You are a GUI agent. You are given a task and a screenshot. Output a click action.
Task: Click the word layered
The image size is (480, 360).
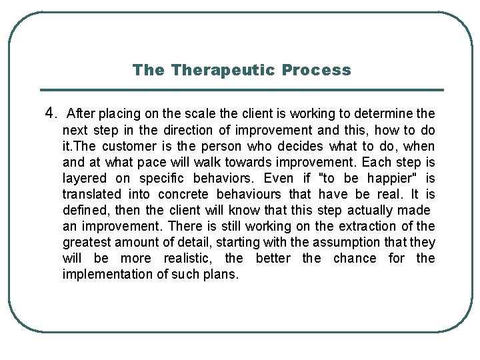coord(84,178)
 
